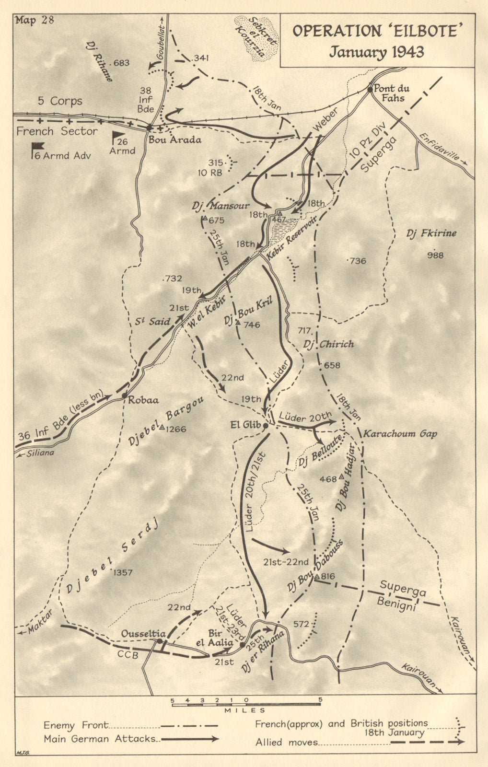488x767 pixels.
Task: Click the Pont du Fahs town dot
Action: tap(370, 89)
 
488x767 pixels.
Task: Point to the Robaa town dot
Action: tap(124, 396)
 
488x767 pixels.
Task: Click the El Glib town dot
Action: tap(265, 425)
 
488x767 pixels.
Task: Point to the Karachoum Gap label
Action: tap(400, 433)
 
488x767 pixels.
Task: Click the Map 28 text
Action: tap(35, 20)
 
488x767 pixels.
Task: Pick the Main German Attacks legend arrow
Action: tap(190, 739)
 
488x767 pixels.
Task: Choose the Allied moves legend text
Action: tap(287, 742)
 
